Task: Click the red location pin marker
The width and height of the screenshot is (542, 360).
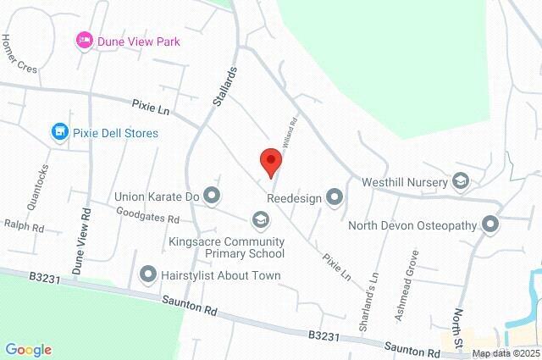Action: pos(270,160)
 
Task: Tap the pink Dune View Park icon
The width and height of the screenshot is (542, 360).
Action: pos(84,41)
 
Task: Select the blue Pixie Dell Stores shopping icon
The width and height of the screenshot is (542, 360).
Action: pos(58,132)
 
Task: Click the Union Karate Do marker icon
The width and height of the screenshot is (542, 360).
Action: pos(211,197)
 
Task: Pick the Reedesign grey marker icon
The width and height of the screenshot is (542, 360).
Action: pos(335,197)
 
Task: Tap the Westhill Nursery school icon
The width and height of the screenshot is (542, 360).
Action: pos(461,180)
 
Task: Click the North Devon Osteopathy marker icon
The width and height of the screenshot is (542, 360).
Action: pos(490,224)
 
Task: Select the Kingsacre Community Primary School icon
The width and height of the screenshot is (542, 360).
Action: pos(260,220)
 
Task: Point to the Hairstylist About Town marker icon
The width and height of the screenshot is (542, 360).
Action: pos(148,274)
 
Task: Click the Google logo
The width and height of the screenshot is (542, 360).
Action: pos(29,350)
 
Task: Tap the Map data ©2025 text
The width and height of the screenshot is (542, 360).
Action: pos(505,353)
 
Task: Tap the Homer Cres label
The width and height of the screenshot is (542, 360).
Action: pos(19,54)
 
